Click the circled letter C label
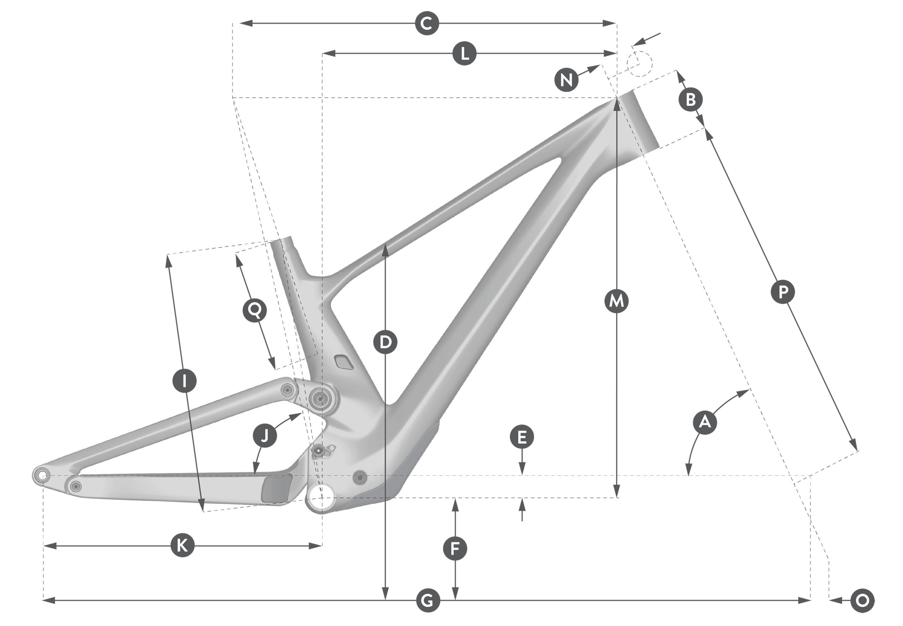click(x=427, y=24)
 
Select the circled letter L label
click(x=465, y=53)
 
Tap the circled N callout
click(x=566, y=80)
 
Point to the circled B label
click(x=690, y=99)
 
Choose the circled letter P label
click(x=783, y=292)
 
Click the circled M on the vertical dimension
click(x=617, y=301)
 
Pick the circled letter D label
click(x=385, y=342)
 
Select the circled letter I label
click(x=184, y=381)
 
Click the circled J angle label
click(x=265, y=435)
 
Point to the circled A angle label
click(x=705, y=423)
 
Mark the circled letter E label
click(x=522, y=437)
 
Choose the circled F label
click(x=455, y=549)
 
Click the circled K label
click(x=182, y=545)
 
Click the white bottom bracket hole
click(x=321, y=497)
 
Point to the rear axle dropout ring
click(x=42, y=476)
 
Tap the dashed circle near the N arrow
click(x=640, y=63)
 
